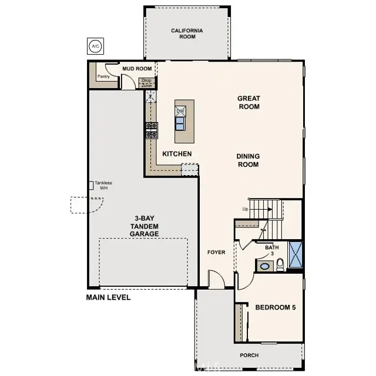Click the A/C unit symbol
(x=95, y=45)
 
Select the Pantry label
(x=103, y=76)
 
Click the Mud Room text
(x=137, y=69)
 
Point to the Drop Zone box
(x=146, y=83)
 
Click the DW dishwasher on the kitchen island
(x=181, y=110)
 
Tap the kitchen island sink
(x=180, y=123)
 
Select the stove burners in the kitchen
(x=152, y=130)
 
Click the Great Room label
(x=249, y=102)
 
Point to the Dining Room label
(x=248, y=160)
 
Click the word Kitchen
(x=177, y=154)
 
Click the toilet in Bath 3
(x=280, y=264)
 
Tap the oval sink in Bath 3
(x=265, y=266)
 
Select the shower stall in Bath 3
(x=295, y=254)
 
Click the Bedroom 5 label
(x=276, y=307)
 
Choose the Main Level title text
(x=108, y=297)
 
